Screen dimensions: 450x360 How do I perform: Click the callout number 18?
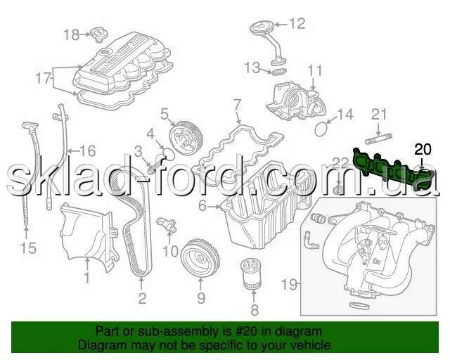point(71,34)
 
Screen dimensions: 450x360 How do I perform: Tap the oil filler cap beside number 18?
point(99,34)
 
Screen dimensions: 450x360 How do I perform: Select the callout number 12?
point(297,23)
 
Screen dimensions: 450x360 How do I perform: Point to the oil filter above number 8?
point(252,274)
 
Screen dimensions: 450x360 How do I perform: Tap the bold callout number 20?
point(423,149)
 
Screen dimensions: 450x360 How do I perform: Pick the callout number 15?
point(28,248)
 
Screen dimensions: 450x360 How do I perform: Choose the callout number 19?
point(289,285)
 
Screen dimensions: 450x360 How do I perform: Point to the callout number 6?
point(202,206)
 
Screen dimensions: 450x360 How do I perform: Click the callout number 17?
point(43,78)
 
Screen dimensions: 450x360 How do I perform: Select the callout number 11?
point(315,70)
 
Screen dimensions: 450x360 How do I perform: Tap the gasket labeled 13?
point(278,72)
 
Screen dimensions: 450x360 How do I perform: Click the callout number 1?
point(86,278)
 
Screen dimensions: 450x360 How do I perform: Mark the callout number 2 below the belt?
point(142,298)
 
